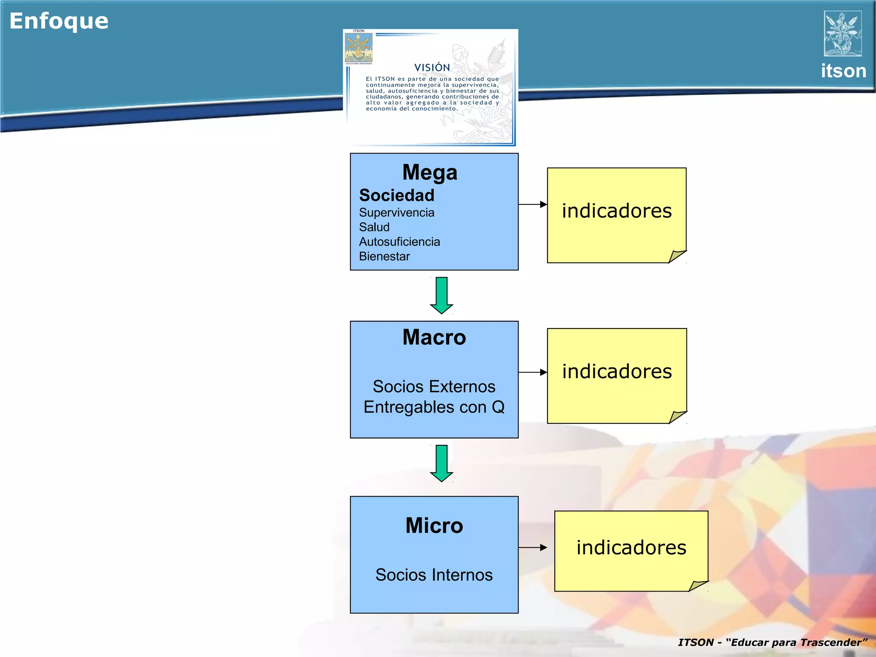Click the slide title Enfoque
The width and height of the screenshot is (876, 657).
tap(59, 21)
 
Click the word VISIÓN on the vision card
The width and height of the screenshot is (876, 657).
tap(432, 68)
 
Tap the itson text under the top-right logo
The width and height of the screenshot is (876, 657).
tap(843, 71)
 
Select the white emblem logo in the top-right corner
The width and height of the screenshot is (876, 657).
tap(843, 34)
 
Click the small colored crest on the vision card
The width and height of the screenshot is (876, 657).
tap(359, 48)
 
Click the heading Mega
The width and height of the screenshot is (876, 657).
tap(430, 173)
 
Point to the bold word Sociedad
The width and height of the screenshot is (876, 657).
tap(397, 195)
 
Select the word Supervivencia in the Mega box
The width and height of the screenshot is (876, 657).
tap(397, 213)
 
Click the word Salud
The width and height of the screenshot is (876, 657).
tap(374, 227)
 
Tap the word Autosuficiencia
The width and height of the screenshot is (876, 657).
tap(400, 242)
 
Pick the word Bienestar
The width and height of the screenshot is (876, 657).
tap(384, 256)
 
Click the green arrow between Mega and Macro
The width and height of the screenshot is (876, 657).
tap(441, 296)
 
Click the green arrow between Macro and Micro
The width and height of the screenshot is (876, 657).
tap(441, 463)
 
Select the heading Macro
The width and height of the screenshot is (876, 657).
tap(434, 337)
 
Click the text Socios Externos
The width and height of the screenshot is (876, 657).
tap(434, 387)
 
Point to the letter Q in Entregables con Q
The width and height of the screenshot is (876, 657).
tap(498, 407)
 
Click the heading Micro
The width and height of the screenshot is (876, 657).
tap(434, 526)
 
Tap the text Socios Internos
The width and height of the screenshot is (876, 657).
tap(434, 575)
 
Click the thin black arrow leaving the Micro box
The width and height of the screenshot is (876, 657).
tap(533, 547)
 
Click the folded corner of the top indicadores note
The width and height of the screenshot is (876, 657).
tap(677, 256)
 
